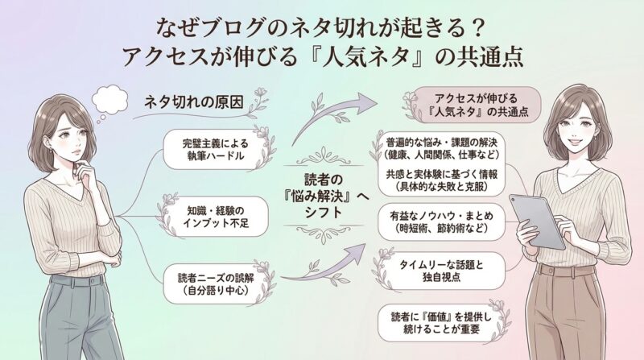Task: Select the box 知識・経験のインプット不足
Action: [x=213, y=213]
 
